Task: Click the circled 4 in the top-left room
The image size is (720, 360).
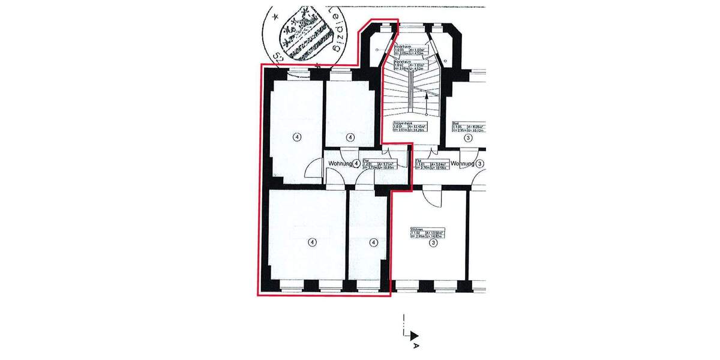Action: [x=297, y=137]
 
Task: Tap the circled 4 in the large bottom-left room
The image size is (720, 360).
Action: [x=311, y=242]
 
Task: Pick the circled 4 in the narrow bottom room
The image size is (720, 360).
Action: [x=374, y=242]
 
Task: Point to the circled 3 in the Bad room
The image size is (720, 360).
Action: [x=468, y=137]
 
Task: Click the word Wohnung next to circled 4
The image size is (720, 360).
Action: [x=340, y=163]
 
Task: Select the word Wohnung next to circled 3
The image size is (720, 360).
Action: [x=463, y=163]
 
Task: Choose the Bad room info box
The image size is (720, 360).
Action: [x=468, y=127]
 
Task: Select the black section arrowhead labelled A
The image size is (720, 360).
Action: [x=414, y=337]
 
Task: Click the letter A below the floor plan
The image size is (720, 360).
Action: [x=415, y=347]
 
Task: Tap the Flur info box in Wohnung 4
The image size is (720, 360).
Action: [x=382, y=165]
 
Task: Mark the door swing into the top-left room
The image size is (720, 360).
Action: [x=313, y=171]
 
